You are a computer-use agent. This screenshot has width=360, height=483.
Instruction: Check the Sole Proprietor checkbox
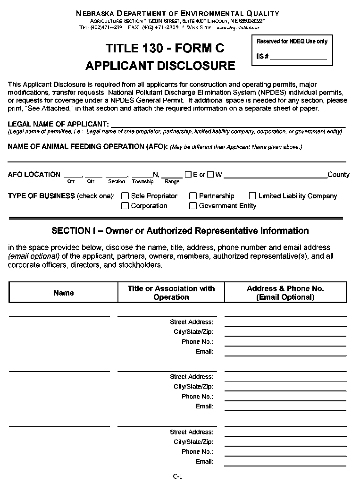125,196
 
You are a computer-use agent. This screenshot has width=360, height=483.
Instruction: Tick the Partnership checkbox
193,196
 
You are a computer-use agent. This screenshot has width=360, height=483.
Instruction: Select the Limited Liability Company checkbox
252,196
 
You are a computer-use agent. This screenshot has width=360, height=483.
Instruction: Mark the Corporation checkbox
125,206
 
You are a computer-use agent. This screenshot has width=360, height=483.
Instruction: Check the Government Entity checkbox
193,206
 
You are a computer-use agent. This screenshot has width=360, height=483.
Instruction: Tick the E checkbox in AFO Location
188,175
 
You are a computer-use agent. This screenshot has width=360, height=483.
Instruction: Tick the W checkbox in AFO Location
210,175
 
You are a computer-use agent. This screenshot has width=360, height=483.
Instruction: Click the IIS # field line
298,57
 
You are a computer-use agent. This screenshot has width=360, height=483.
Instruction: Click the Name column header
63,293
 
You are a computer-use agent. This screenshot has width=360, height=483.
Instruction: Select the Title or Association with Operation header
171,293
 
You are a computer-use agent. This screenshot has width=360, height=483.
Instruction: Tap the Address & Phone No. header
285,293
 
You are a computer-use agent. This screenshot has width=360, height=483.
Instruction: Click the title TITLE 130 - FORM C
165,48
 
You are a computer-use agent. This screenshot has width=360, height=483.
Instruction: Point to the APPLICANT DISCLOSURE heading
160,65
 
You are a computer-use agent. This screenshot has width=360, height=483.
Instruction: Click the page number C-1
177,476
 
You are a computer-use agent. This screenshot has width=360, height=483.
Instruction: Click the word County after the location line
338,175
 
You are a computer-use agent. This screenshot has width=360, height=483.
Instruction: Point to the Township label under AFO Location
142,182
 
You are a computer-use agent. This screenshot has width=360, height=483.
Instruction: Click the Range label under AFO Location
172,182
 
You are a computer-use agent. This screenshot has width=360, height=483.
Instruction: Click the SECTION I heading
180,231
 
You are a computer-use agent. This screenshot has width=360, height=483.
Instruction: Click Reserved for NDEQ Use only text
292,42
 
